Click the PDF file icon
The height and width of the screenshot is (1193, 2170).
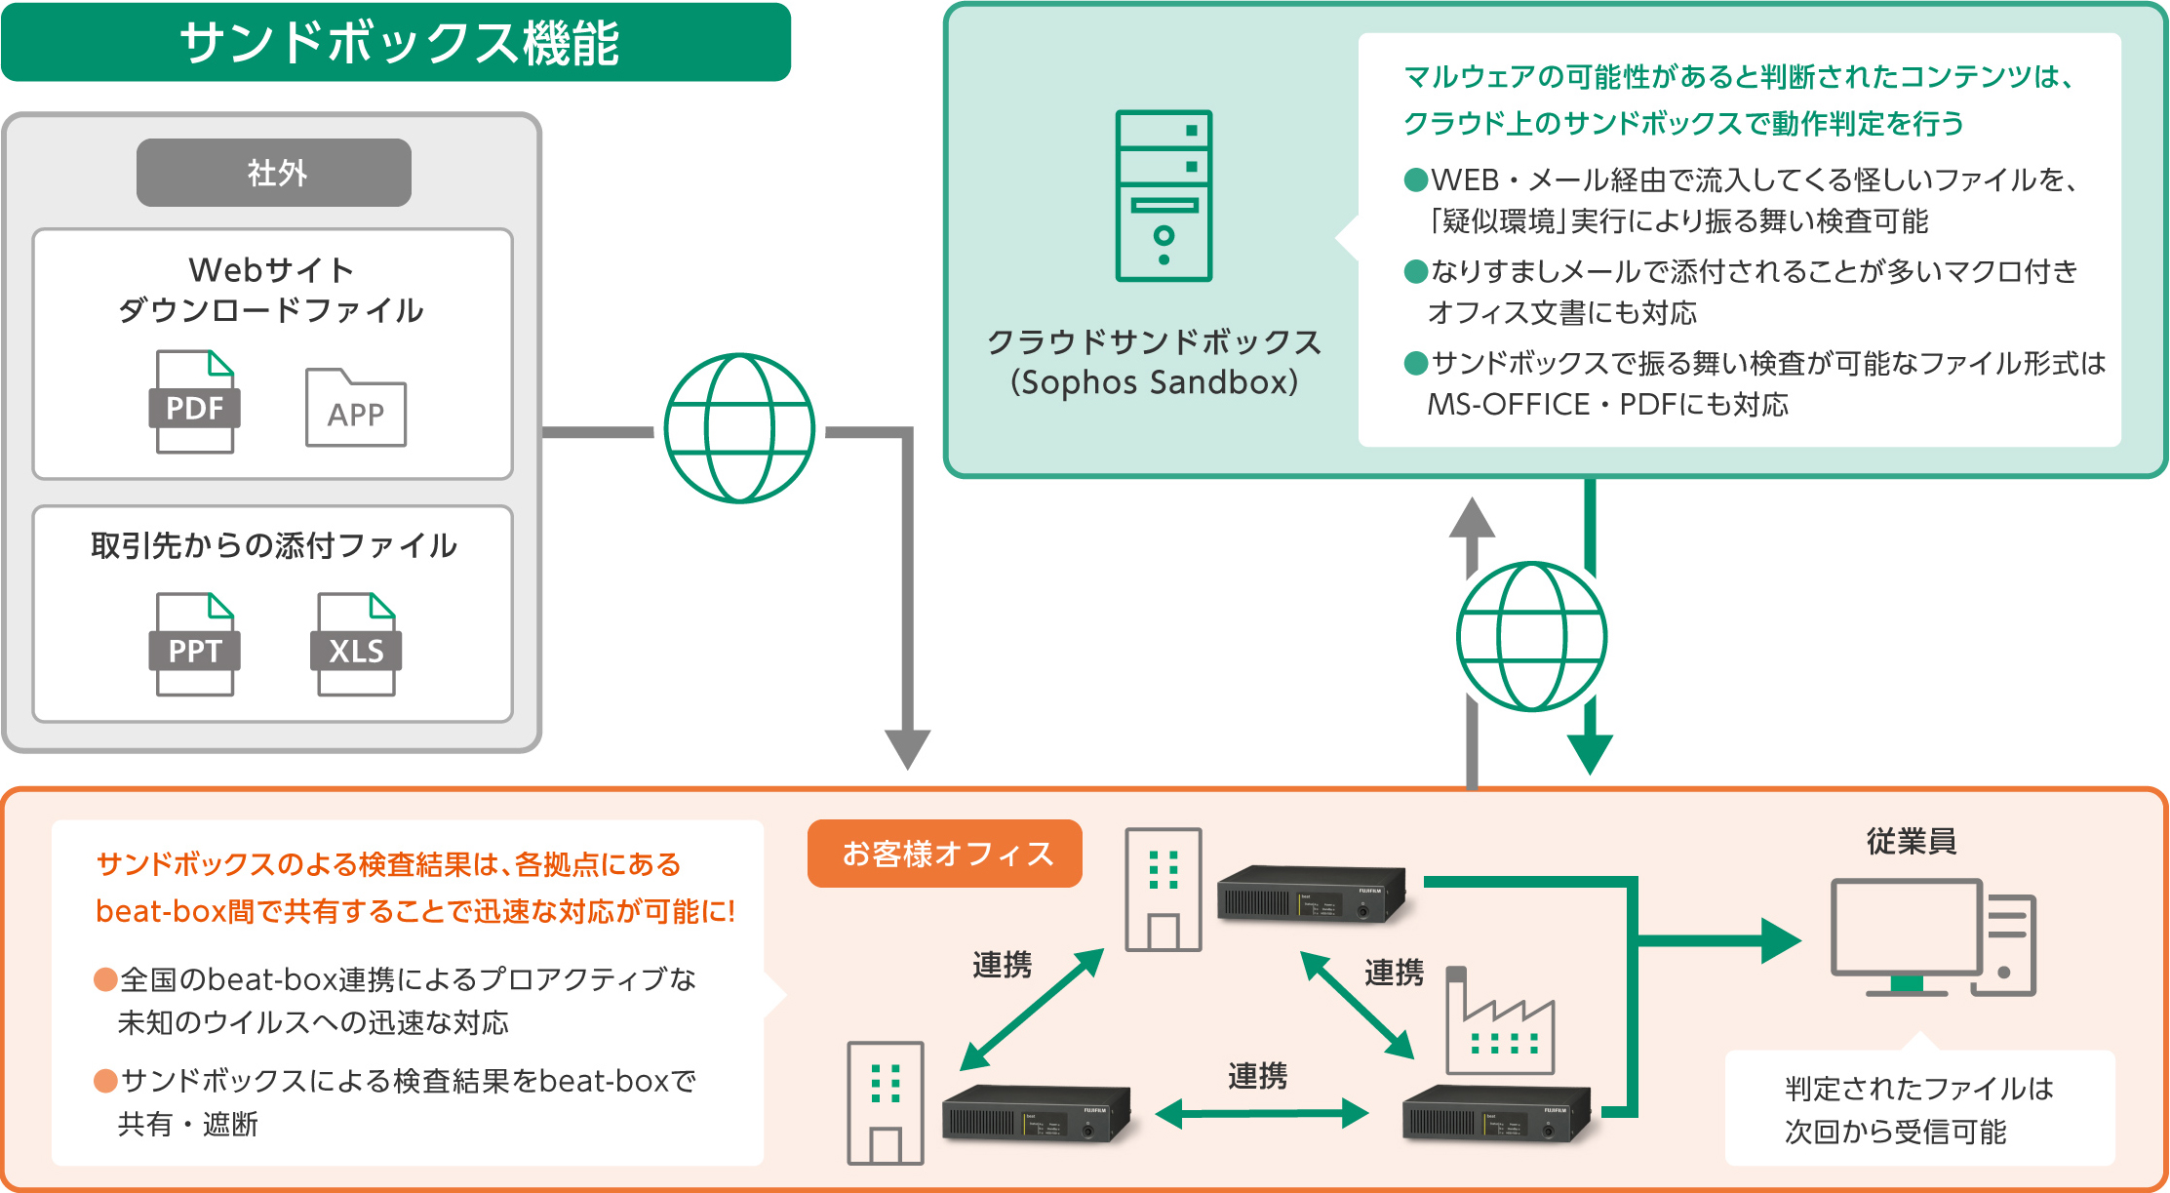194,402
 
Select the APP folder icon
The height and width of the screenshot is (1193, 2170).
355,409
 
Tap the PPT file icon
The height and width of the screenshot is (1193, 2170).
194,645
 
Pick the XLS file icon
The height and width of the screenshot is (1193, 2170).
356,645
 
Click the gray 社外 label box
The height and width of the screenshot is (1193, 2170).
273,173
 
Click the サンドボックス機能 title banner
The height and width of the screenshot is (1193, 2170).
396,43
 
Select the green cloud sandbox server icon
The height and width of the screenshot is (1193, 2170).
1164,196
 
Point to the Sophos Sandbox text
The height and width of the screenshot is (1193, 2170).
1154,382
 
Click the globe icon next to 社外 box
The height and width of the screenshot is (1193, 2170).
739,428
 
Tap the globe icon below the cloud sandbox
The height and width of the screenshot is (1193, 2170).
1531,636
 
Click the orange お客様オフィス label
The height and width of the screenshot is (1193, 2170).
945,854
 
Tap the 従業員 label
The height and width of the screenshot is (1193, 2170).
1911,841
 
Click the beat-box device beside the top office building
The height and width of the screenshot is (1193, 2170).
1311,894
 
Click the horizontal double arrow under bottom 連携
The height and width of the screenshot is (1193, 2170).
1262,1113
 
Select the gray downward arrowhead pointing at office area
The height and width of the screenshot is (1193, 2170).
907,748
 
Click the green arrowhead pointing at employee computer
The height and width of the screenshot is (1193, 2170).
1781,940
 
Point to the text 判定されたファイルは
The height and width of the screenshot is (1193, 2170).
1918,1088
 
